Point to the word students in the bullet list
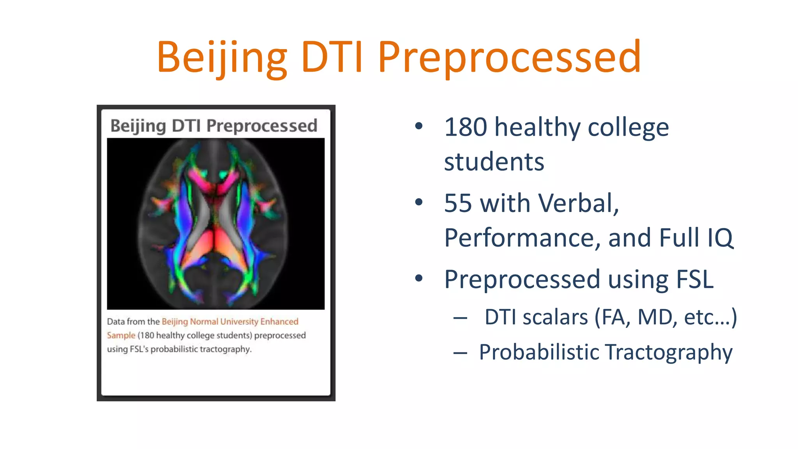(494, 161)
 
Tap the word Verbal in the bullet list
(578, 203)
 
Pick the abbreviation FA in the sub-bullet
(615, 317)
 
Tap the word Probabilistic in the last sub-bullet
(539, 352)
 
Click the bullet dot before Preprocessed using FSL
(419, 278)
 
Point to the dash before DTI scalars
(460, 318)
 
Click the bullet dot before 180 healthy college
(419, 126)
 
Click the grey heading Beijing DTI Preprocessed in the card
(214, 126)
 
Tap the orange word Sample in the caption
(121, 335)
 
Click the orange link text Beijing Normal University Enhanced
(230, 322)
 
